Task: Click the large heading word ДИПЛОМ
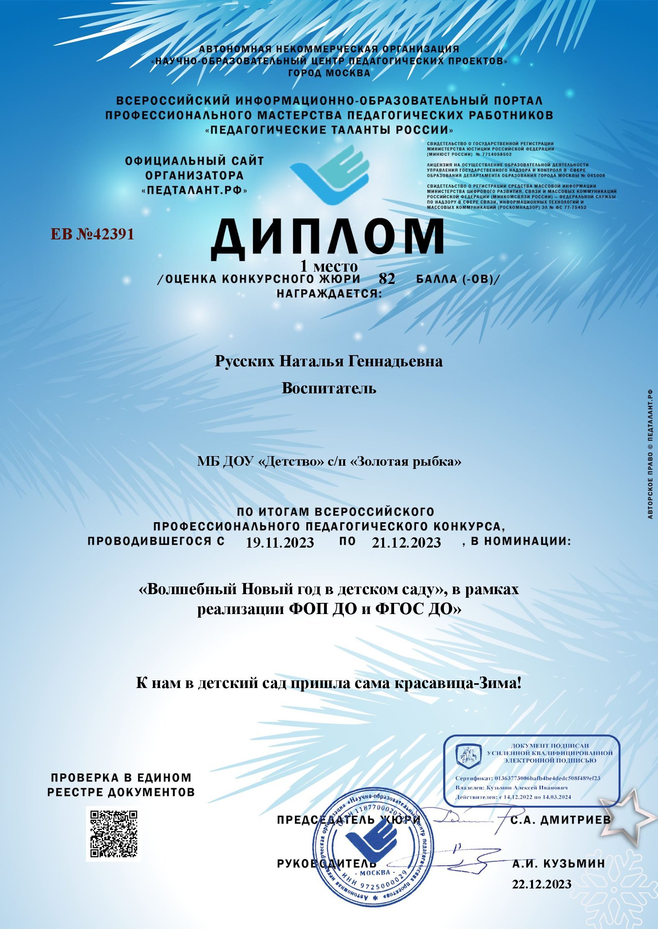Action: tap(326, 240)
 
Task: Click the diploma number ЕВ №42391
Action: tap(92, 234)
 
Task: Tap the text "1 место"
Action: tap(328, 266)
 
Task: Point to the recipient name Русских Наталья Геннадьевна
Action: tap(328, 361)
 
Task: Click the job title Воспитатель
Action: tap(328, 388)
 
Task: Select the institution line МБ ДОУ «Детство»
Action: tap(328, 462)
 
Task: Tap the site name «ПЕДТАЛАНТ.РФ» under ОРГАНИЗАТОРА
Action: tap(195, 190)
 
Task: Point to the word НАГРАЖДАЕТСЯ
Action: tap(329, 293)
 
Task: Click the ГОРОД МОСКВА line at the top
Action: tap(329, 73)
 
